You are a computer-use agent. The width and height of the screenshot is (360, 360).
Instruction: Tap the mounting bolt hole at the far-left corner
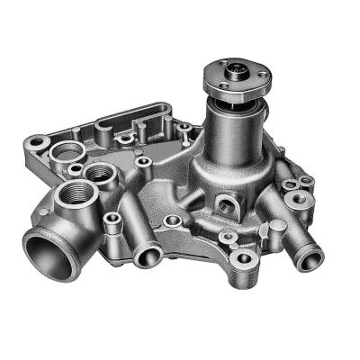[36, 141]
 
